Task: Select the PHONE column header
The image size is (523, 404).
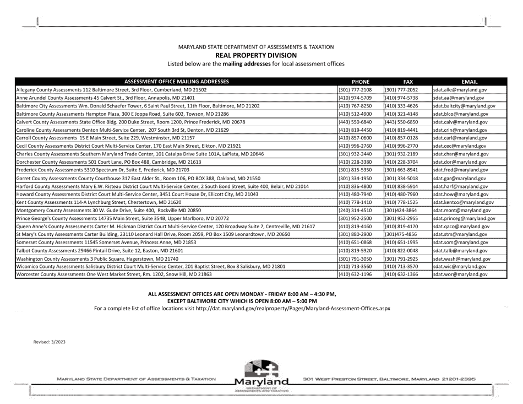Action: point(361,81)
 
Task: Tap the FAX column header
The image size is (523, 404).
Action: point(407,81)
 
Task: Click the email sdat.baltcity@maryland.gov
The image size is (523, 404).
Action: point(464,105)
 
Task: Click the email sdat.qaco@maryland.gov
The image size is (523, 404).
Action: point(461,226)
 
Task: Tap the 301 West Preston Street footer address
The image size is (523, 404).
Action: point(389,379)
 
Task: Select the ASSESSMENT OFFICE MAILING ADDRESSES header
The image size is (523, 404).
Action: point(176,81)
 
